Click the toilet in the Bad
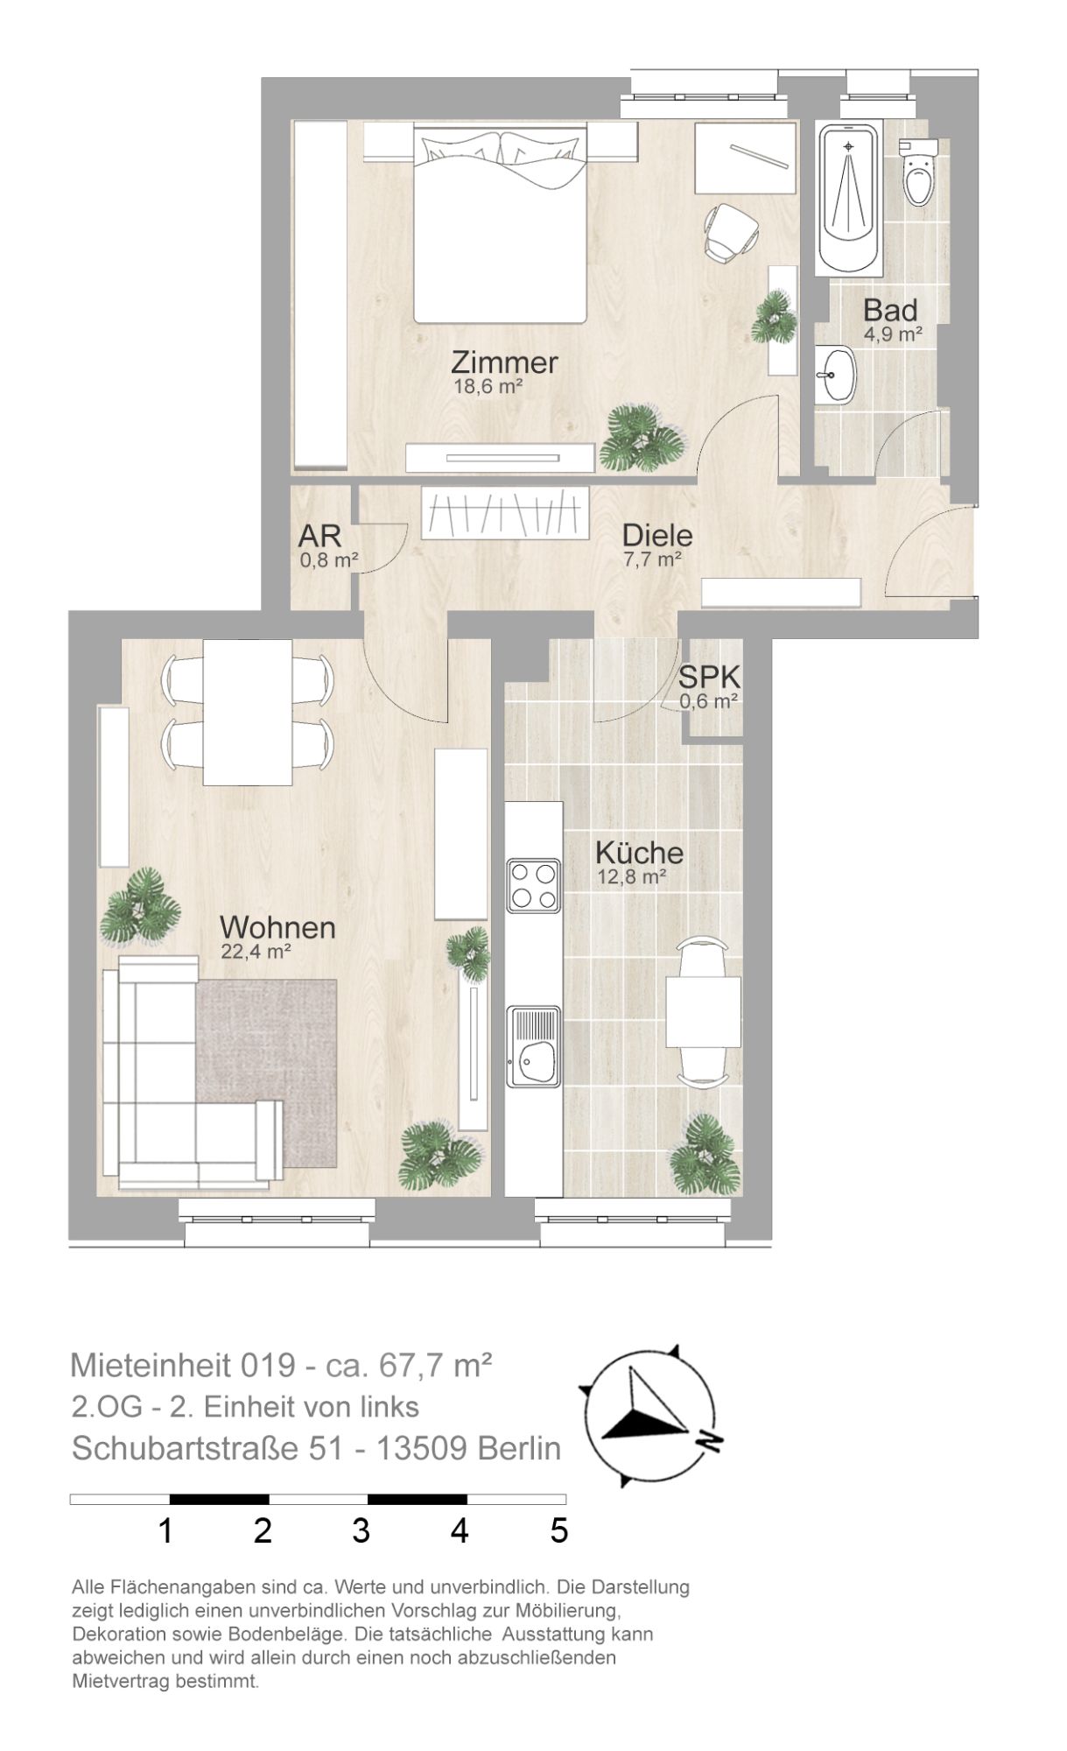pyautogui.click(x=918, y=172)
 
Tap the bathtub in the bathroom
pyautogui.click(x=847, y=199)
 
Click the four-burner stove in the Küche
pyautogui.click(x=534, y=886)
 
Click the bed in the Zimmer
pyautogui.click(x=499, y=223)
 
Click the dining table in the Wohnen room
pyautogui.click(x=248, y=712)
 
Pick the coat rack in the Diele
pyautogui.click(x=506, y=513)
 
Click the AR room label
pyautogui.click(x=319, y=536)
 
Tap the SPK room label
pyautogui.click(x=710, y=677)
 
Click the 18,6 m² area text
pyautogui.click(x=488, y=386)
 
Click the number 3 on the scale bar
pyautogui.click(x=361, y=1531)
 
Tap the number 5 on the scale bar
pyautogui.click(x=559, y=1531)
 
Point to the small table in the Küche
pyautogui.click(x=703, y=1012)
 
